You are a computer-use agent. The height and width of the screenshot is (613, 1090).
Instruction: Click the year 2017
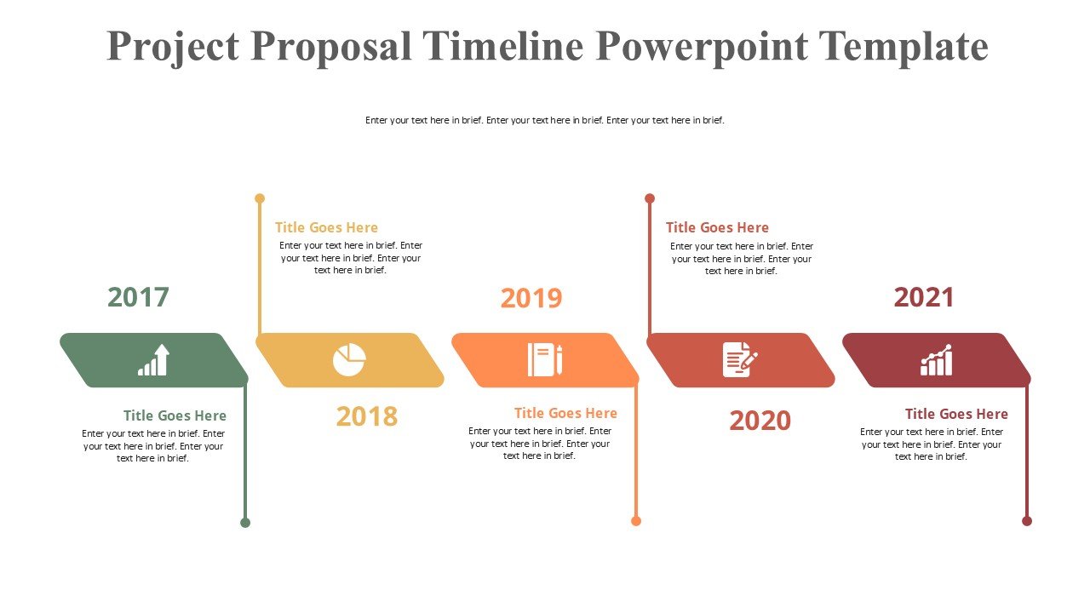pos(138,297)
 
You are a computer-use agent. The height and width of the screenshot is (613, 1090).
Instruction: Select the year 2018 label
pos(367,416)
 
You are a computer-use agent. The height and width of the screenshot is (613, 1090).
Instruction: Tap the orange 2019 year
pos(531,298)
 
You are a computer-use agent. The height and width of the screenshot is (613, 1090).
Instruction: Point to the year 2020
pos(760,421)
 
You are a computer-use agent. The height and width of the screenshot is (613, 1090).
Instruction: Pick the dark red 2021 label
pos(924,297)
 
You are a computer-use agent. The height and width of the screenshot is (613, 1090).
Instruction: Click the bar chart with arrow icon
pos(154,360)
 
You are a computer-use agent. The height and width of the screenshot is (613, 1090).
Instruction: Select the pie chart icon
pos(349,360)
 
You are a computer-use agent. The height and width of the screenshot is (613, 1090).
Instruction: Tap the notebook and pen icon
pos(545,360)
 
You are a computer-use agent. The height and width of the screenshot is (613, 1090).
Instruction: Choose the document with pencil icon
pos(740,360)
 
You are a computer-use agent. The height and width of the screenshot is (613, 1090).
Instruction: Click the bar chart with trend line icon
pos(936,360)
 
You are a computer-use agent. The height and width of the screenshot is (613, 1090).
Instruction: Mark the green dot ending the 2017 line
pos(245,523)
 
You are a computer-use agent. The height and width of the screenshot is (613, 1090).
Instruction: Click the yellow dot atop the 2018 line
pos(260,198)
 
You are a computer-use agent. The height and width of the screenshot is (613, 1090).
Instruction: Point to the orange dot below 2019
pos(636,521)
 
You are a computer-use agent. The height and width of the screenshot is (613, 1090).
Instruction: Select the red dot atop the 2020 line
pos(650,198)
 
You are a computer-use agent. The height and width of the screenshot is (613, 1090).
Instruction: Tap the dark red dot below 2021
pos(1027,521)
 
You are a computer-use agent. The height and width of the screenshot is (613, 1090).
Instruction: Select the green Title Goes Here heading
pos(175,415)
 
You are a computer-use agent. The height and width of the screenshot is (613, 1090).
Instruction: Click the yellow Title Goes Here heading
pos(326,227)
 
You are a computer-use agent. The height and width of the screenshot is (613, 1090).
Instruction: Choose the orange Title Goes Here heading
pos(565,413)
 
